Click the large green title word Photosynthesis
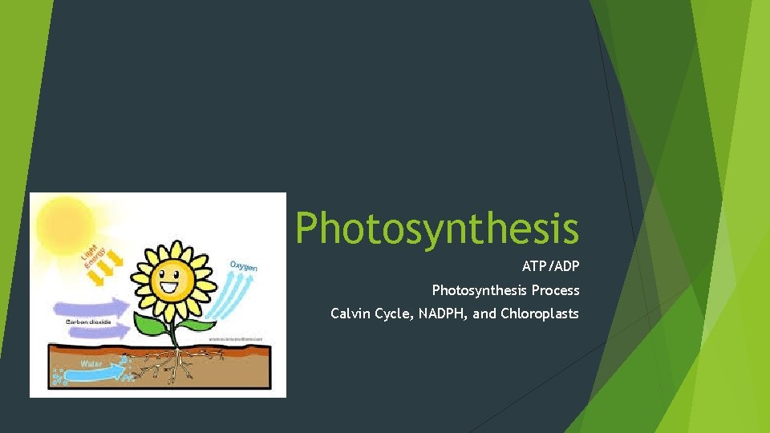pos(436,228)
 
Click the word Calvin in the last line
pos(351,314)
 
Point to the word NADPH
pos(444,314)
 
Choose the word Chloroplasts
pos(539,314)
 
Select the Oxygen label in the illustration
pos(245,265)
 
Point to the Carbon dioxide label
pos(88,322)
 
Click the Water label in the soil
pos(90,363)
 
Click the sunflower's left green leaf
pos(150,324)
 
